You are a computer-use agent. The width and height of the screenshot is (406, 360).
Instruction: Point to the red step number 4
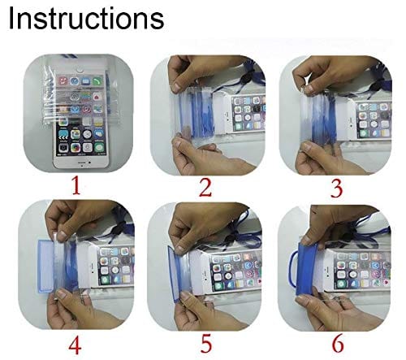coord(76,340)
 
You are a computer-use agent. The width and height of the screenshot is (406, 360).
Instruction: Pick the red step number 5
coord(205,340)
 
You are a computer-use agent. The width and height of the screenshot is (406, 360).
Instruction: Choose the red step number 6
coord(335,340)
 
